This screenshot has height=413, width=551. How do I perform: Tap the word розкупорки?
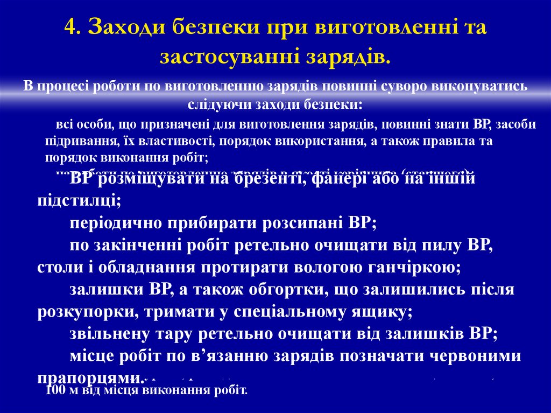point(84,312)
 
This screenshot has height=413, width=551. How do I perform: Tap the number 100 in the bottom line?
point(55,390)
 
